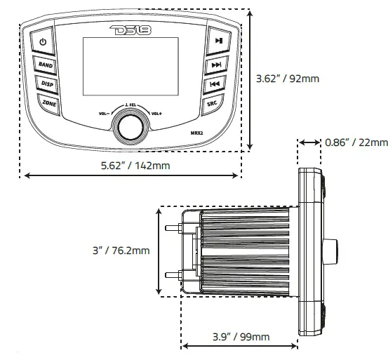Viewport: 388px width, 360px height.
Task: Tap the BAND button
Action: point(46,65)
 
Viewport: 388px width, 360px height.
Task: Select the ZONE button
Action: point(49,103)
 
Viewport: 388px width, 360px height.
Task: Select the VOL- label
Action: point(105,113)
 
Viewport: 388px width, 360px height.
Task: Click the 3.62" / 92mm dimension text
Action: point(287,79)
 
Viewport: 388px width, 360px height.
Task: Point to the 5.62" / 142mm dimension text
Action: point(131,166)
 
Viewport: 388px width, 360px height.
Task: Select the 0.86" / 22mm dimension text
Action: point(356,142)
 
